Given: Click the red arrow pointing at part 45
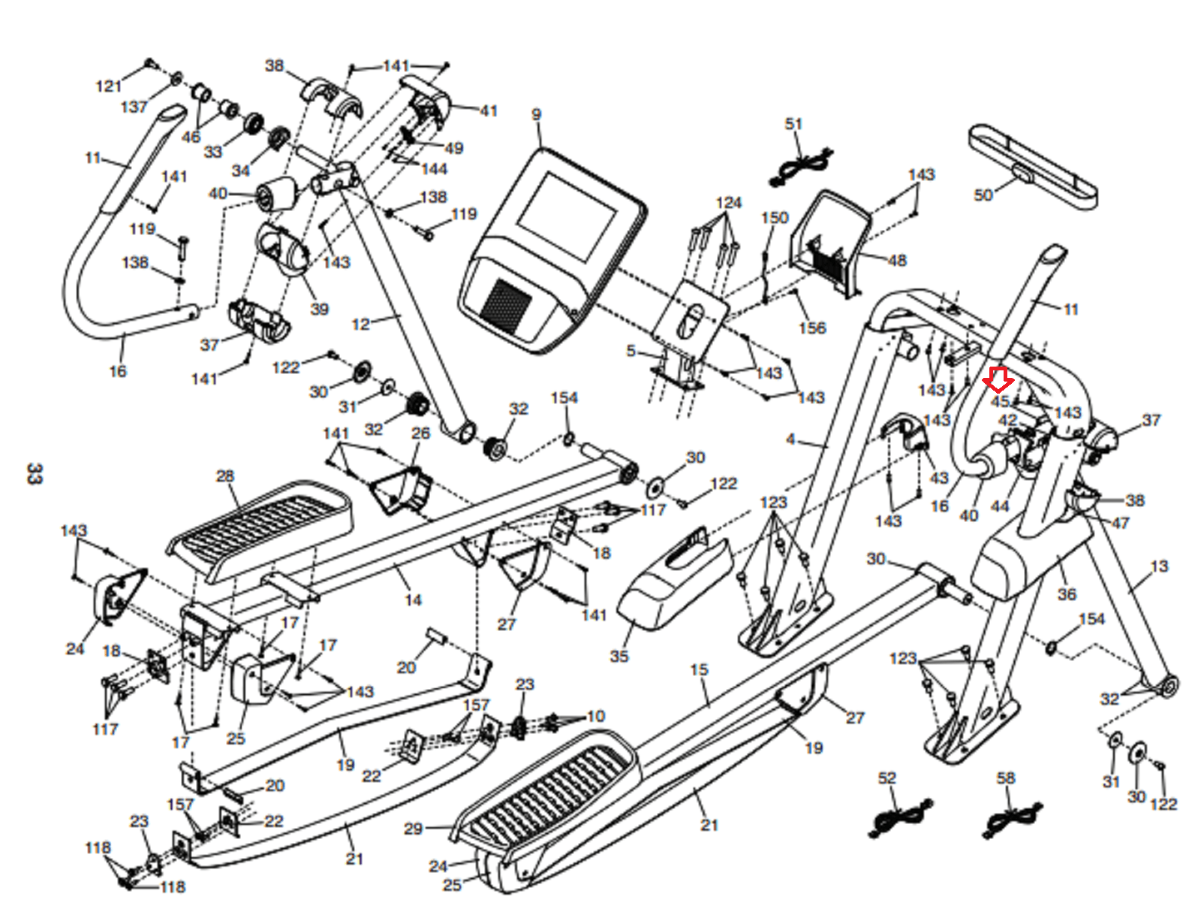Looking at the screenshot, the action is coord(998,380).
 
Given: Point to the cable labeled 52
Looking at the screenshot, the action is coord(897,819).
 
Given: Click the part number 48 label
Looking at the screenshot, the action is coord(897,260).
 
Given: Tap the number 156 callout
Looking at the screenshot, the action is coord(812,328).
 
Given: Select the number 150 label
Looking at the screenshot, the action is coord(775,217).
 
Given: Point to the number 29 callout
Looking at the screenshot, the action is coord(413,829).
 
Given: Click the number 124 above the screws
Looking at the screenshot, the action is coord(729,203).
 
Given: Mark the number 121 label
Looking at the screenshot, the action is coord(108,86).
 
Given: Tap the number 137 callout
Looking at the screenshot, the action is coord(134,107).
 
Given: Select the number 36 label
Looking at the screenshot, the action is coord(1067,594).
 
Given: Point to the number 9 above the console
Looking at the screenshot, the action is coord(536,114).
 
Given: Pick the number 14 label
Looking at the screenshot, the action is coord(413,600).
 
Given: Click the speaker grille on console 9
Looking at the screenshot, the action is coord(506,306).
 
